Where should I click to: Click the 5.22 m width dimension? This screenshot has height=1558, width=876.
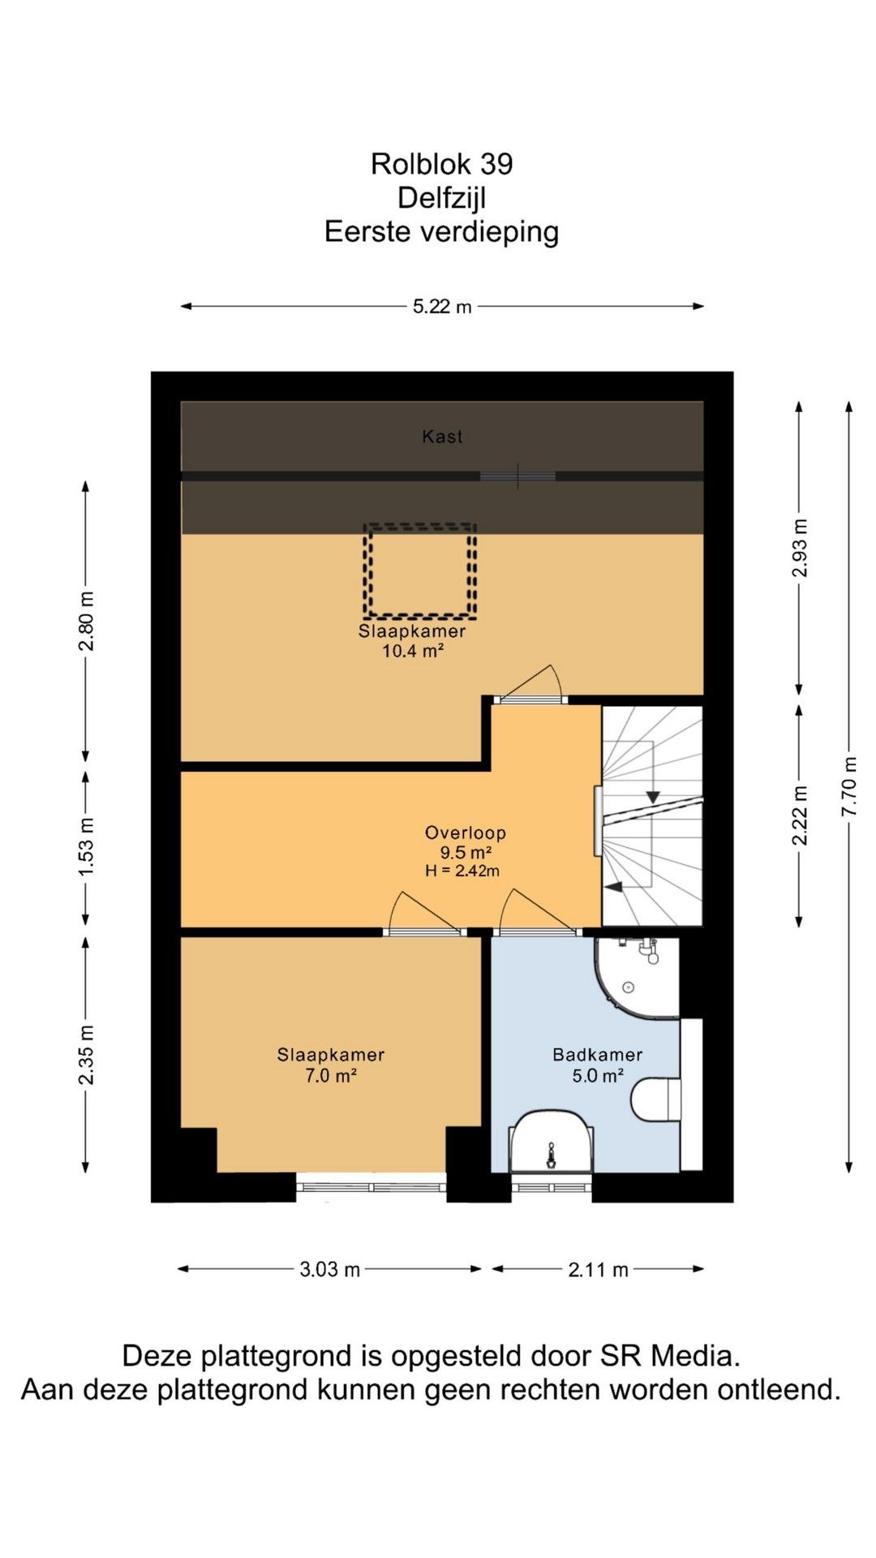(442, 307)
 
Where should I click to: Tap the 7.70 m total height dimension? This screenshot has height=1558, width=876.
(849, 787)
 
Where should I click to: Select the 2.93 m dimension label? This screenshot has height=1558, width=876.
(800, 548)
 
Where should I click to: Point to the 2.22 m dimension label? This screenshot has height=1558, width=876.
(800, 815)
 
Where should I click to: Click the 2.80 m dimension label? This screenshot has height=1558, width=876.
(86, 621)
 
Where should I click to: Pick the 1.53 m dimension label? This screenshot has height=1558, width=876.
(86, 846)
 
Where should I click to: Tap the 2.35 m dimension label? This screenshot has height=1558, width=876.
(86, 1054)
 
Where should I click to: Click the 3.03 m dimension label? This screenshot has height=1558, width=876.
(329, 1269)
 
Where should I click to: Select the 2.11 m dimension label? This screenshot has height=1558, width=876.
(598, 1269)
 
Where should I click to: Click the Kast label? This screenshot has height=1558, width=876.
(442, 437)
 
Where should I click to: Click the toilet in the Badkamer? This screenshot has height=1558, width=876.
(656, 1100)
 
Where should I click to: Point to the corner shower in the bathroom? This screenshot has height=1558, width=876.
(638, 977)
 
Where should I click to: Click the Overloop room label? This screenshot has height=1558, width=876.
(466, 833)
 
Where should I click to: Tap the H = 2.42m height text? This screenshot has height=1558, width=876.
(462, 871)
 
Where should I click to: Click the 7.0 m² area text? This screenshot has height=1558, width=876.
(331, 1076)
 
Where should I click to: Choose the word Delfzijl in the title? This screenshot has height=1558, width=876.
(442, 197)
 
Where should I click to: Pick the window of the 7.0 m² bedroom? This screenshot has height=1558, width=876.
(371, 1187)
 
